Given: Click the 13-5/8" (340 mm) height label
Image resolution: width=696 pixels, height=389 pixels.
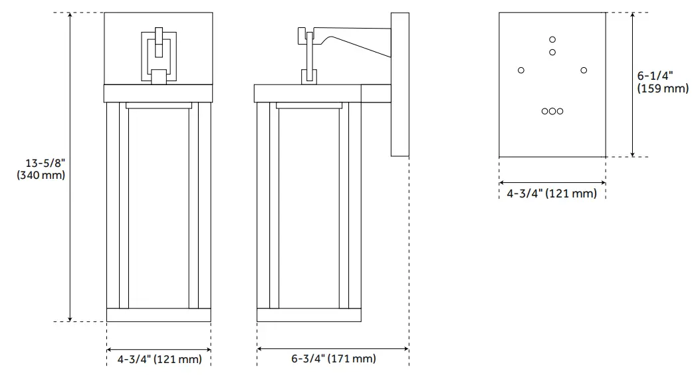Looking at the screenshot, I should pos(45,169).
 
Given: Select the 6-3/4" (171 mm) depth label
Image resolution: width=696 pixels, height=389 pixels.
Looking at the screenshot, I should pos(333,359).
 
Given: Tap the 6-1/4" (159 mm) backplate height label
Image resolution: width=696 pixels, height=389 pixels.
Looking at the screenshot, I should pos(662,82).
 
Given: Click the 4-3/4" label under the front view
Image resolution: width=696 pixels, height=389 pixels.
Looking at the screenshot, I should pos(159,360).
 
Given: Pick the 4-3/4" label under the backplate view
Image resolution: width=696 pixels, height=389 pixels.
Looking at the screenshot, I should pos(552,194).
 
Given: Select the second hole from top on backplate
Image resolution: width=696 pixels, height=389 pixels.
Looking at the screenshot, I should pos(552,52).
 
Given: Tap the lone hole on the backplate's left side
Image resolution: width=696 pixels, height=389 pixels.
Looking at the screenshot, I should pos(521,70).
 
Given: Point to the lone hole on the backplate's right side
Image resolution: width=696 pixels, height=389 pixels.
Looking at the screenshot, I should pos(584,70).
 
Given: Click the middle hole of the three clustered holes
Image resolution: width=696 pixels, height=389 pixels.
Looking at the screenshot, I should pos(552,111).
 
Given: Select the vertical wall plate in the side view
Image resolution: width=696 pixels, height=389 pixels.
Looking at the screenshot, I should pos(399,84).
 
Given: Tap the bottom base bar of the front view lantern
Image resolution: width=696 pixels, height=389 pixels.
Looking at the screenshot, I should pos(158,315).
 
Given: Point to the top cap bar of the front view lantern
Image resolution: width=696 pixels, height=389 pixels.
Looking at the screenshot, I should pos(158,93).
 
